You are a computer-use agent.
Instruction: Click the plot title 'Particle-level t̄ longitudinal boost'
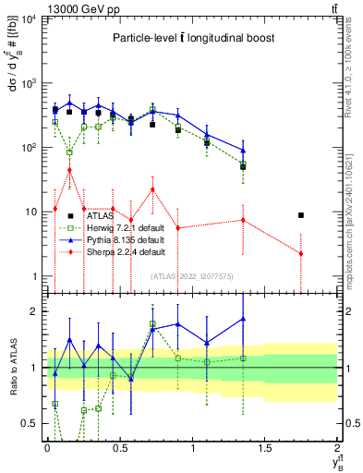pyautogui.click(x=193, y=38)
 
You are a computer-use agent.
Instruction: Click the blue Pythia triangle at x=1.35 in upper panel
pyautogui.click(x=243, y=151)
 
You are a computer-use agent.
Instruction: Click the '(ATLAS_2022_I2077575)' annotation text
pyautogui.click(x=191, y=275)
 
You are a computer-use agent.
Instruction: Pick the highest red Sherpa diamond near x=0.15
pyautogui.click(x=69, y=170)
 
